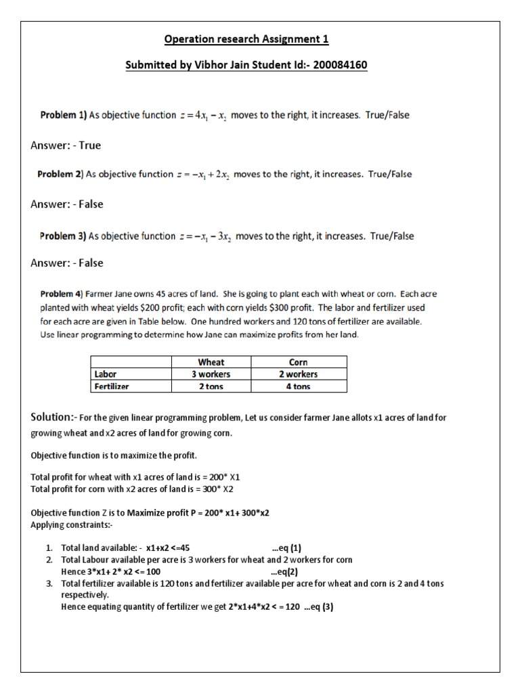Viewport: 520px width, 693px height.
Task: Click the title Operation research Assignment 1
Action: [246, 39]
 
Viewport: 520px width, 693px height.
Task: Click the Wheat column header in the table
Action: [211, 362]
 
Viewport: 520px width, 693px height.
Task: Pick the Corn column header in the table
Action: [298, 362]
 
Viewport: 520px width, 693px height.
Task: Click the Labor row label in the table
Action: [106, 374]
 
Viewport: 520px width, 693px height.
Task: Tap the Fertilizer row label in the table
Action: [112, 386]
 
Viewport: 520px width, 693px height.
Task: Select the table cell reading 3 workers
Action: [211, 374]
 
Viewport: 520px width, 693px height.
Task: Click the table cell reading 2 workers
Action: [298, 374]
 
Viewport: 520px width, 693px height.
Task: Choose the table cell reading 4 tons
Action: [298, 386]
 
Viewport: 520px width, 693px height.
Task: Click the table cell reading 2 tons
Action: [211, 386]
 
